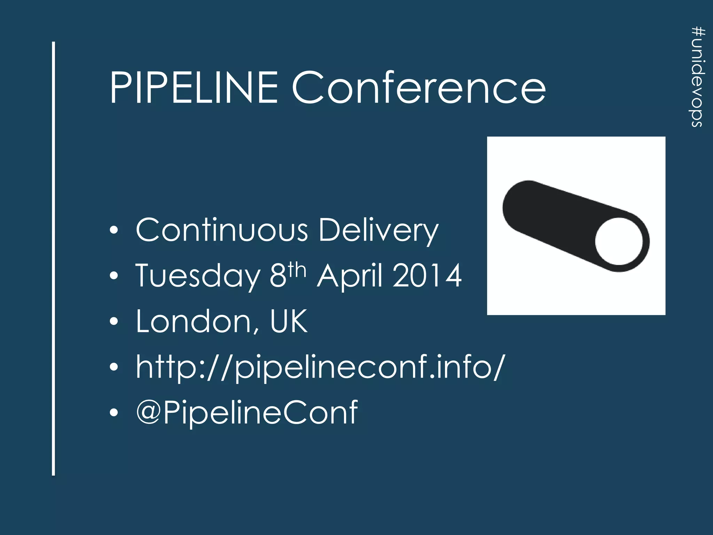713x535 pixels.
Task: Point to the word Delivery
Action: click(x=378, y=231)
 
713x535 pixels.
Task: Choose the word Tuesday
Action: click(x=197, y=276)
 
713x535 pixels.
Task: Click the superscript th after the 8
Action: click(x=297, y=270)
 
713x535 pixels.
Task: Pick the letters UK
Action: click(x=289, y=321)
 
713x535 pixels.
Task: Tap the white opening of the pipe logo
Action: click(x=619, y=241)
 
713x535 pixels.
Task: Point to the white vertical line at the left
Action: click(x=54, y=258)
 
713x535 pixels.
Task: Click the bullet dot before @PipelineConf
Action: click(x=113, y=413)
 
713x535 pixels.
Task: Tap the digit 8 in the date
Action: click(x=278, y=276)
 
